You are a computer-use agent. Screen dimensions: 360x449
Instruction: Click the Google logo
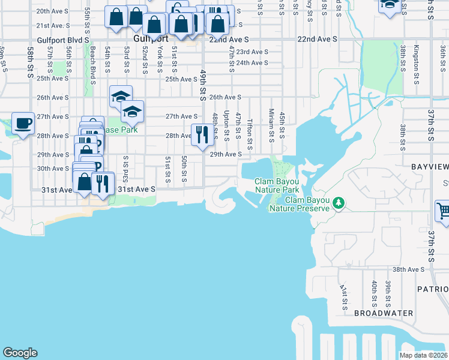point(20,353)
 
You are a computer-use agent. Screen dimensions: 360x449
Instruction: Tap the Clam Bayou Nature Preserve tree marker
point(339,203)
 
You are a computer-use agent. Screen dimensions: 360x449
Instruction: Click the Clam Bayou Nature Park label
point(276,185)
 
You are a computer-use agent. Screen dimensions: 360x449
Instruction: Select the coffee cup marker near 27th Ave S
point(23,124)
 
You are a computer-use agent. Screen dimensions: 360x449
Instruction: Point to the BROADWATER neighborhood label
point(384,313)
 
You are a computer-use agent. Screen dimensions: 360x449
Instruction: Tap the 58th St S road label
point(29,62)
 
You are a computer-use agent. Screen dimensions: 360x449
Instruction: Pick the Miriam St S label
point(271,125)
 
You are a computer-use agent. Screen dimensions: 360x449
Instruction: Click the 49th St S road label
point(203,85)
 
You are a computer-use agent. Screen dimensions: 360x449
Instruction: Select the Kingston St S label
point(415,61)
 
